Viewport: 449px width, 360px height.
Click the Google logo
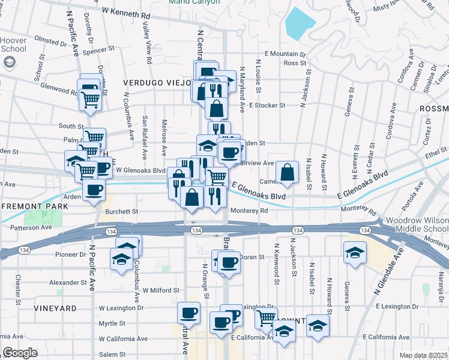tap(20, 353)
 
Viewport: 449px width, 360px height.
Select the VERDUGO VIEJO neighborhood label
tap(157, 82)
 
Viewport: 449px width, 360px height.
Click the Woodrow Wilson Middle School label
tap(417, 226)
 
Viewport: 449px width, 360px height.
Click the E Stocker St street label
tap(267, 105)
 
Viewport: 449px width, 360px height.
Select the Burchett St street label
tap(122, 211)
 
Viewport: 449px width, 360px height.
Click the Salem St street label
tap(112, 354)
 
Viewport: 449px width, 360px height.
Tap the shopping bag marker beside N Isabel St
tap(288, 172)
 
